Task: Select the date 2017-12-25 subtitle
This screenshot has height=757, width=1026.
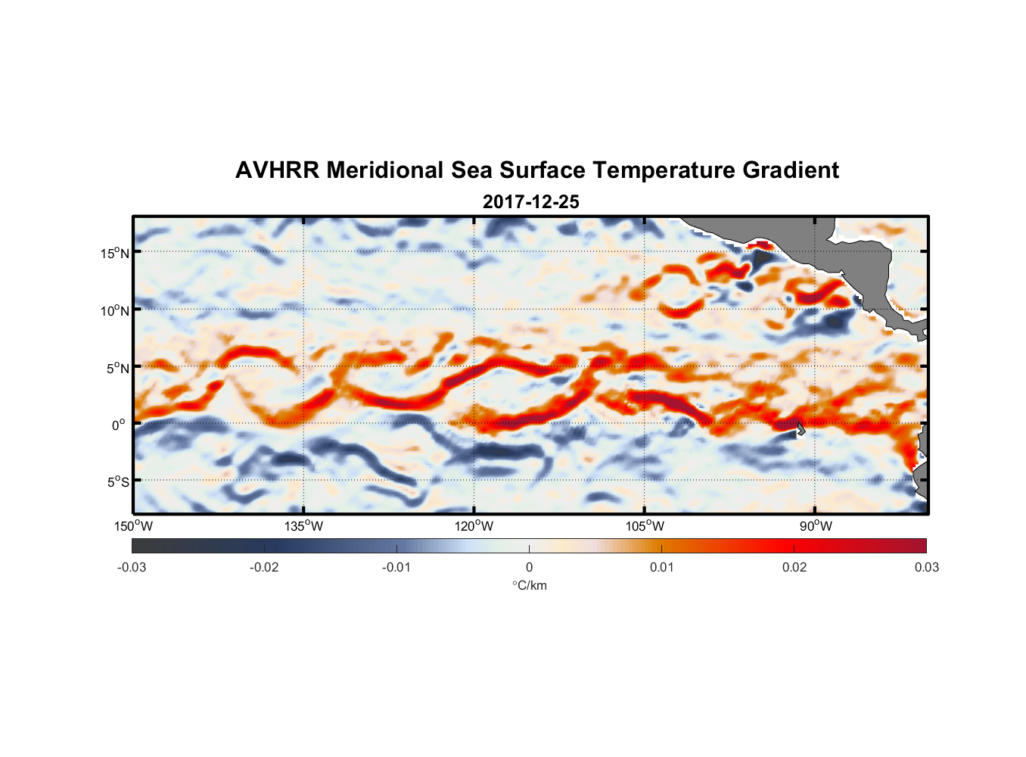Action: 530,202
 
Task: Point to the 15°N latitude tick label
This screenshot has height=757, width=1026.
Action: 115,253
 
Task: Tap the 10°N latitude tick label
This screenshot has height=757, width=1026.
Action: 115,310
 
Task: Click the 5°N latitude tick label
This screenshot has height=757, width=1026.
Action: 117,368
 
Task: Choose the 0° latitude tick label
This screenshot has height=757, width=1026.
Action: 119,425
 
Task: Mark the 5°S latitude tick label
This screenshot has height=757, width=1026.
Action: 117,482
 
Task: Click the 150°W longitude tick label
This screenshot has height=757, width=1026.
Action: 133,526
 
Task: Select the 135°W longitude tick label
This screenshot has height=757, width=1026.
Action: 304,526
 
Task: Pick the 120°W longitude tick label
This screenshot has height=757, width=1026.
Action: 474,526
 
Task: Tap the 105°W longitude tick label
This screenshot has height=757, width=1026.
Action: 645,526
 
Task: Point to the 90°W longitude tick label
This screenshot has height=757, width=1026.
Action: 816,526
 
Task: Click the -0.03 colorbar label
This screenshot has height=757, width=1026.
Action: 132,567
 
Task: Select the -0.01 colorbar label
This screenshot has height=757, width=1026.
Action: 396,567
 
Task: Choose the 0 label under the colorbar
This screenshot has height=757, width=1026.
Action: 529,567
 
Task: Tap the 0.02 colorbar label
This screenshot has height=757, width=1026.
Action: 794,567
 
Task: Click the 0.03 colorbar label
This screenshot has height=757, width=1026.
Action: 926,567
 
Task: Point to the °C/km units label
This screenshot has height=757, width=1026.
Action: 530,585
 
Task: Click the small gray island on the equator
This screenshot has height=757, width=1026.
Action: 800,428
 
